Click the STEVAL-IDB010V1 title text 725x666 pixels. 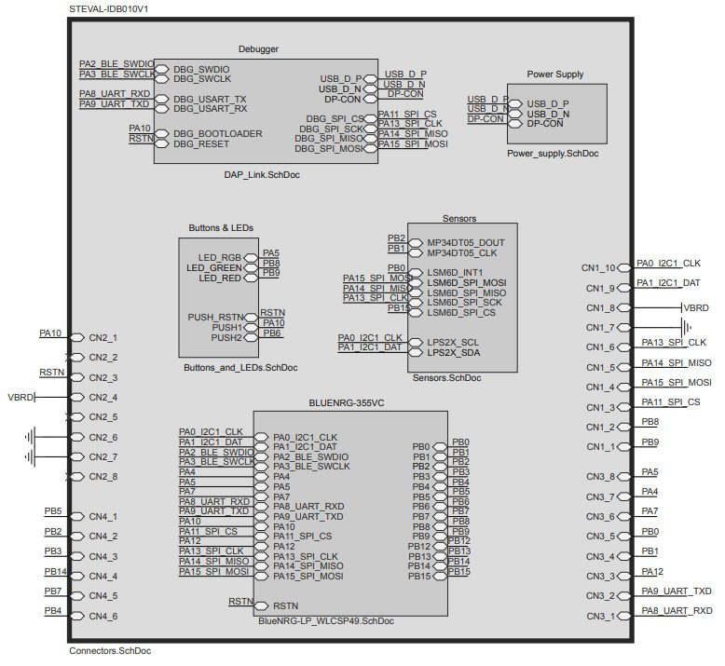[x=111, y=7]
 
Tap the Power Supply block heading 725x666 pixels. [x=556, y=75]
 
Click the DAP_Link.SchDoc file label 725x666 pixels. [x=262, y=174]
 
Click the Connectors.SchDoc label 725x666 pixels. [x=110, y=651]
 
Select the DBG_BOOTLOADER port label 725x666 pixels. [x=217, y=133]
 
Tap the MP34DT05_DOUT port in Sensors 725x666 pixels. [x=465, y=241]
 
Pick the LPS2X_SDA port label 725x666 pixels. [x=453, y=353]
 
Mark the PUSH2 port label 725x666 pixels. [x=226, y=337]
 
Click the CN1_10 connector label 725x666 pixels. [x=598, y=268]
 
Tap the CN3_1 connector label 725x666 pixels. [x=601, y=617]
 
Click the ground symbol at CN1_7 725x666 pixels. [x=687, y=327]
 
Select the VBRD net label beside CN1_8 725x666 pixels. [x=695, y=306]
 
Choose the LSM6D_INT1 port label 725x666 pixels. [x=455, y=272]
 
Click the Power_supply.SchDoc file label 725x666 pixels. [x=554, y=153]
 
